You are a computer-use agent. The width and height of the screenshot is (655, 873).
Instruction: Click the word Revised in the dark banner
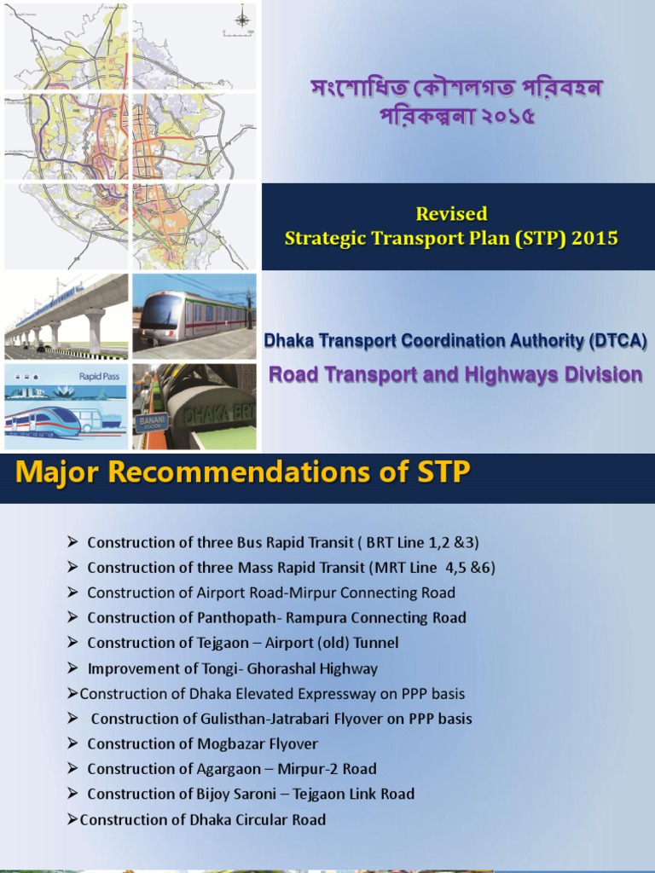click(x=451, y=214)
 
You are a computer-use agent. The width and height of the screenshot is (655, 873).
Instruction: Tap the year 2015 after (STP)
click(x=595, y=238)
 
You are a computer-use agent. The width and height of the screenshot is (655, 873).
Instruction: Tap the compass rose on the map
click(x=242, y=17)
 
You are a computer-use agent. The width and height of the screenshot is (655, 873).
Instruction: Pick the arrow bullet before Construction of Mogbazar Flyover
click(x=72, y=743)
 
